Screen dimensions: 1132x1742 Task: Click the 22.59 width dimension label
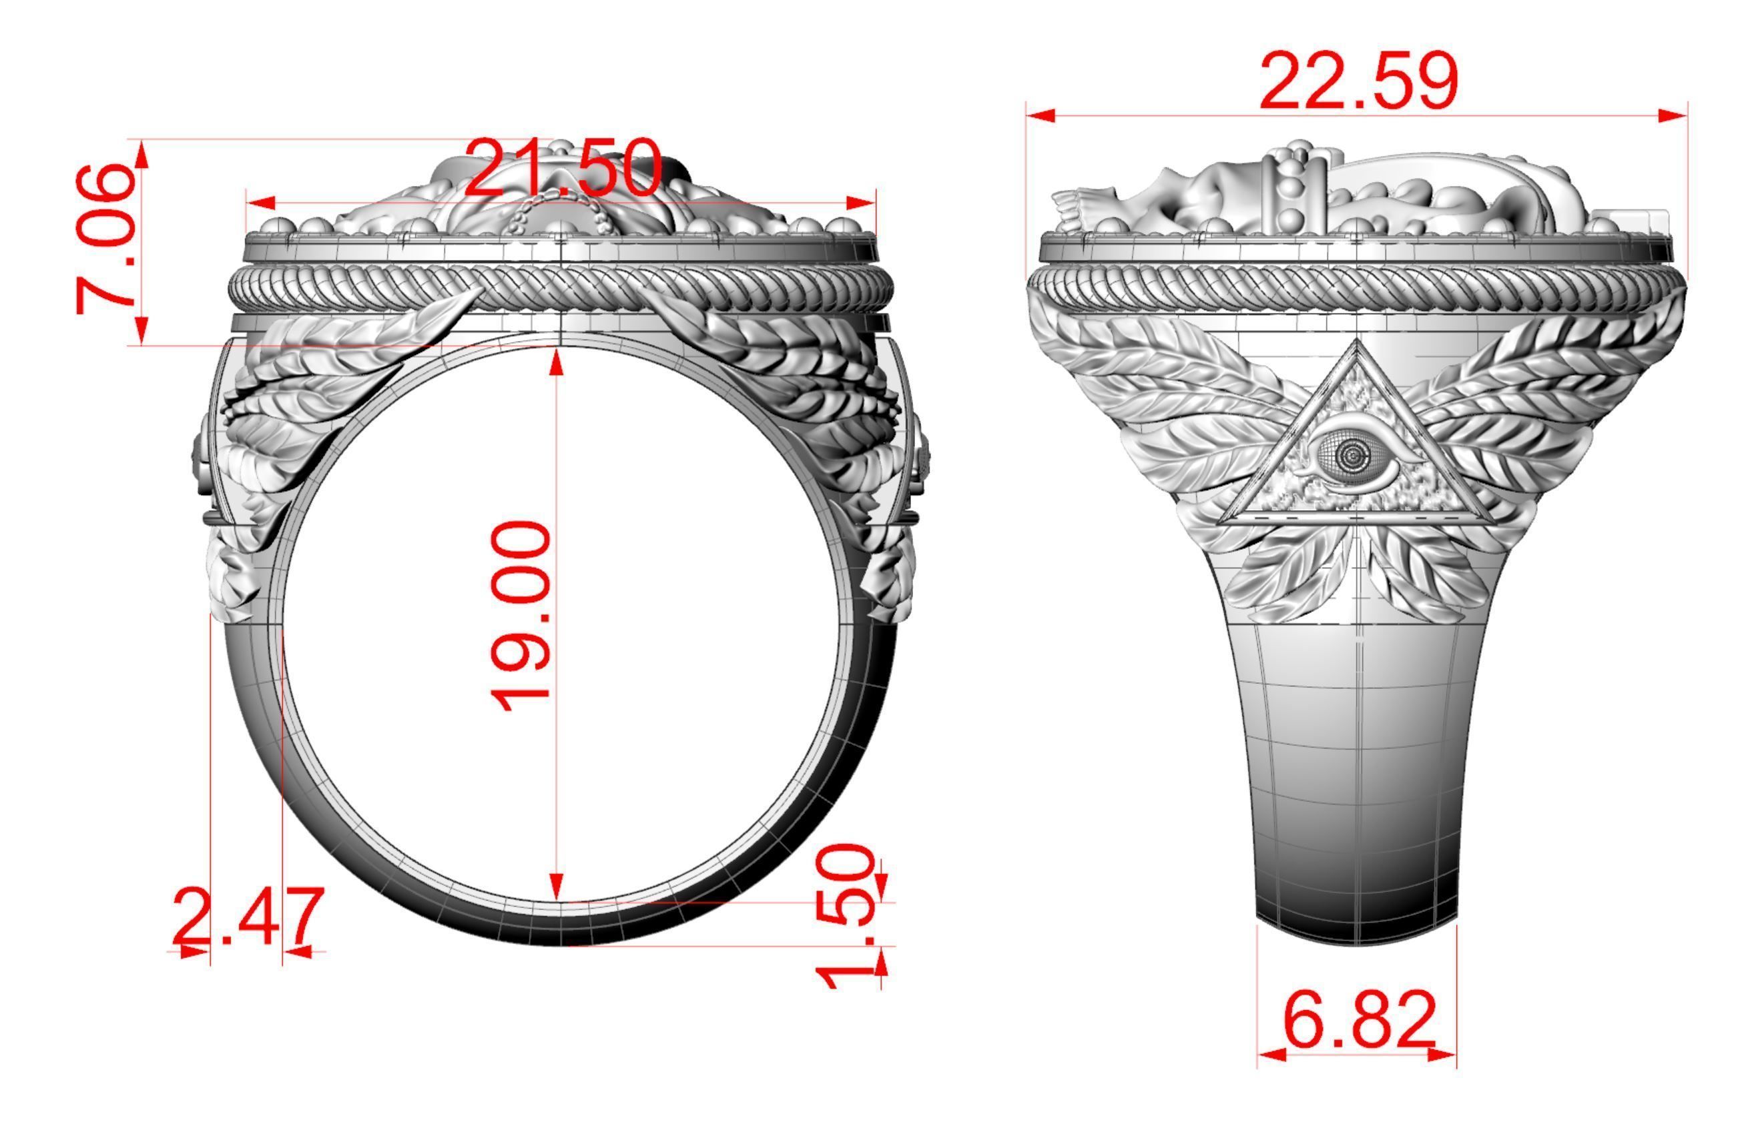[1358, 82]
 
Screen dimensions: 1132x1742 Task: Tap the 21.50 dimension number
[563, 169]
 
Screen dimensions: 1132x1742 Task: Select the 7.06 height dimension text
[106, 240]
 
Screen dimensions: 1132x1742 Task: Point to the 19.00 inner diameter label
[520, 616]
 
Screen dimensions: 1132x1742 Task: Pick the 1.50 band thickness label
[847, 915]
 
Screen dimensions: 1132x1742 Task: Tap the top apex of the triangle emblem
[1358, 342]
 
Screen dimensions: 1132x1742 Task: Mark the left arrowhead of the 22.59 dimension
[1039, 115]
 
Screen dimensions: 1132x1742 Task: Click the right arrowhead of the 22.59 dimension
[1675, 115]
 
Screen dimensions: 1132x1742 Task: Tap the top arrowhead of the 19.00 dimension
[557, 362]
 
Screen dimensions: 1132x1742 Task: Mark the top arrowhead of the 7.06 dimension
[142, 153]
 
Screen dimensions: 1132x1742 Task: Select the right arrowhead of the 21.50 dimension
[862, 203]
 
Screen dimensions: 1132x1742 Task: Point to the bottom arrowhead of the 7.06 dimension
[142, 330]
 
